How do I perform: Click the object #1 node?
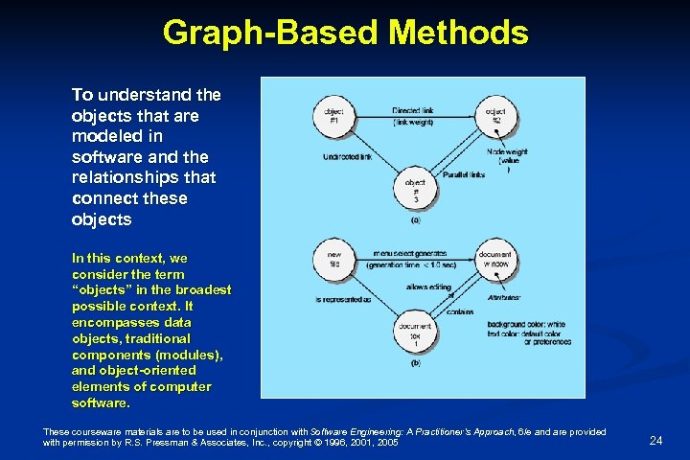[x=332, y=116]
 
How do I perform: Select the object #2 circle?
[x=495, y=116]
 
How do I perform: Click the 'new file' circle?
[x=332, y=260]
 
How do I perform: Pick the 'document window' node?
[x=494, y=260]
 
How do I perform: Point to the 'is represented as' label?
[x=342, y=300]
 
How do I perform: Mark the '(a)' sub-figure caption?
[x=415, y=219]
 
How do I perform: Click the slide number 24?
[x=655, y=440]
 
